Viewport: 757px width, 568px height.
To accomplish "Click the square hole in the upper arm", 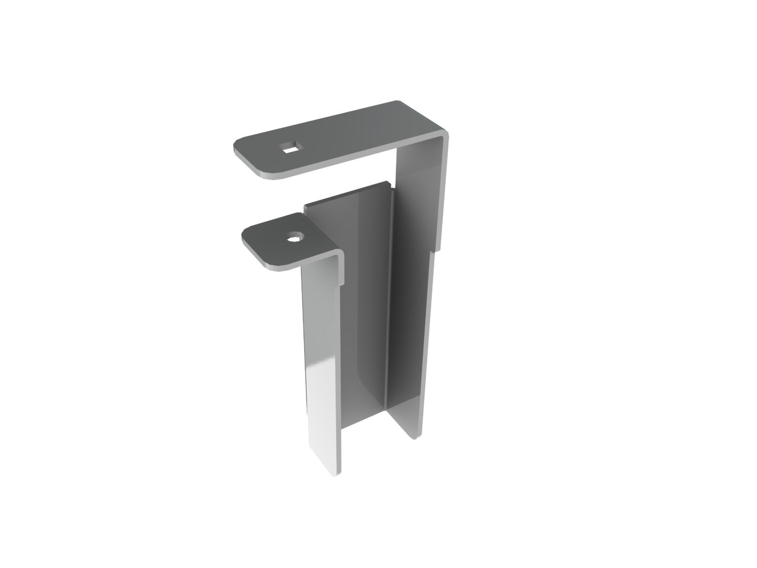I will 289,146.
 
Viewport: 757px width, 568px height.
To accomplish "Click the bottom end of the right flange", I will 416,436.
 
